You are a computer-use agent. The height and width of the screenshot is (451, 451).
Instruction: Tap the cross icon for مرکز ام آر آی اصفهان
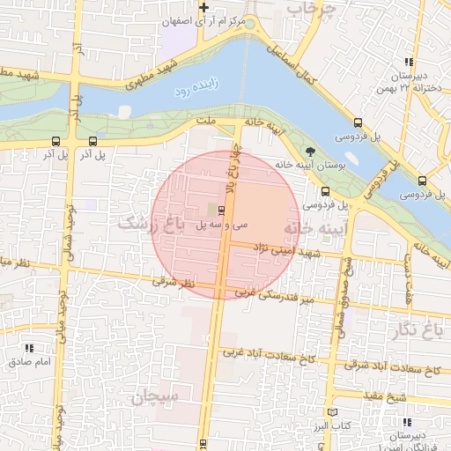point(204,8)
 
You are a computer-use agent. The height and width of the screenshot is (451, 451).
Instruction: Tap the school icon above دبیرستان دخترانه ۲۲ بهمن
point(407,62)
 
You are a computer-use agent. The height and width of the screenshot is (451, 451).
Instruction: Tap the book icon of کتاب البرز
point(331,412)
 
